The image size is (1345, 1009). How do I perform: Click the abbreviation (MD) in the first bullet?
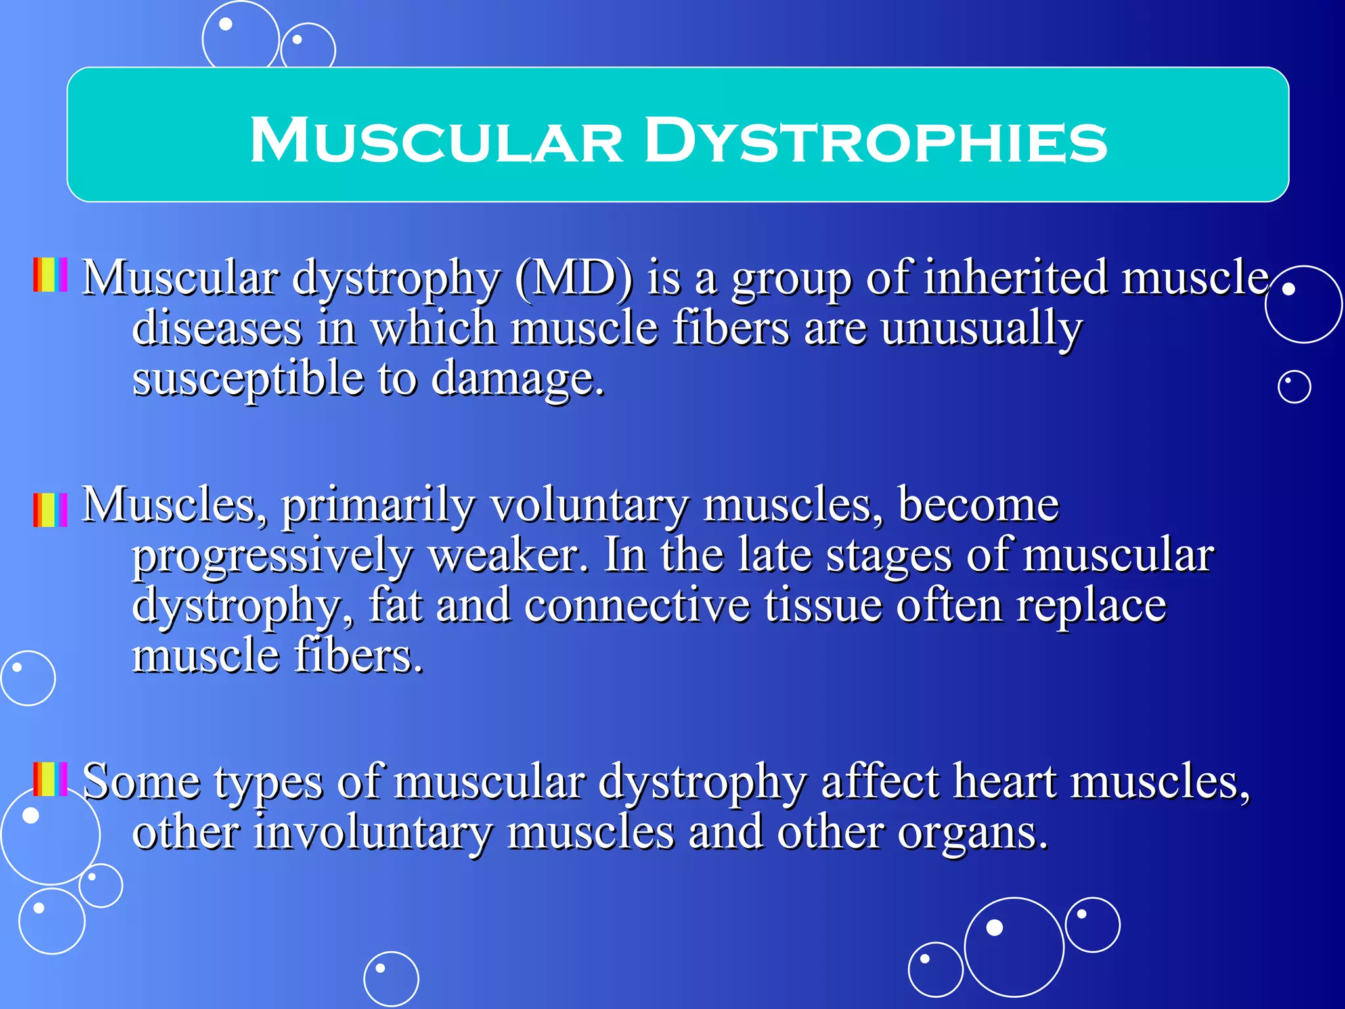pos(574,278)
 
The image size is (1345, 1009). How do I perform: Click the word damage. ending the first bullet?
pos(518,379)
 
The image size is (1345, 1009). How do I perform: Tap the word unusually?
pos(981,328)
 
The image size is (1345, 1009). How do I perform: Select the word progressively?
pos(272,556)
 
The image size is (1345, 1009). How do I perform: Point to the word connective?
pos(637,606)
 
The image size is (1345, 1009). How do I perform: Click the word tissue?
pos(824,606)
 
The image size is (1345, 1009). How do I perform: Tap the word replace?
pos(1091,606)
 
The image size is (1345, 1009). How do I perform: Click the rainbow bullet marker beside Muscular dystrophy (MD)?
pos(51,275)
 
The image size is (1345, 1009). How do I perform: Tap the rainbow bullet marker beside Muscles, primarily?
pos(51,510)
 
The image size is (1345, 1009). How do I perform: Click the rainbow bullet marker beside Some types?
pos(51,779)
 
